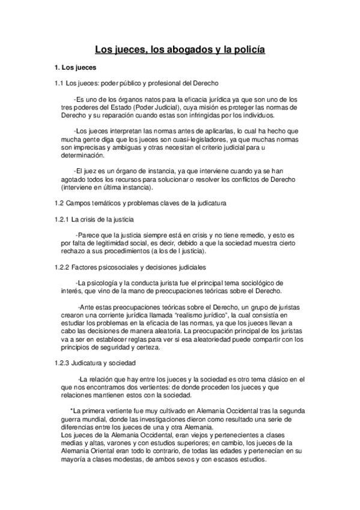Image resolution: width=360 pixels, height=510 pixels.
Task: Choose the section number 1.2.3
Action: (63, 363)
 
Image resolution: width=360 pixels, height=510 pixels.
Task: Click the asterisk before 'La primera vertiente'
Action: (72, 410)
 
